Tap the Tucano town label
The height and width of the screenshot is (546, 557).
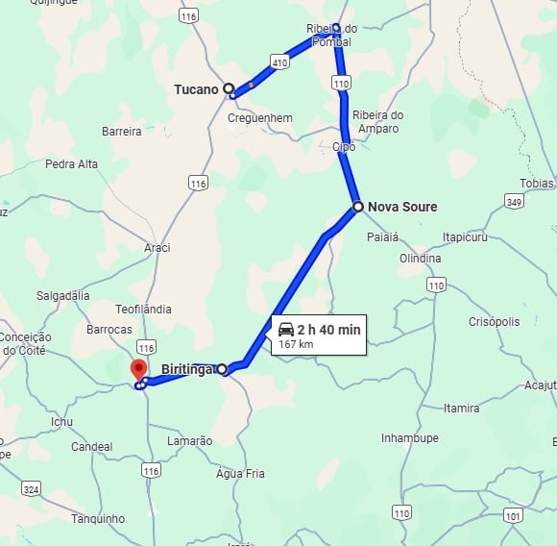click(196, 89)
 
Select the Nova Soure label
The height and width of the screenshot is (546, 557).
click(401, 207)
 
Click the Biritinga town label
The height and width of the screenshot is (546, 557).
click(185, 369)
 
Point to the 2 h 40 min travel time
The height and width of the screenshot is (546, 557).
click(328, 330)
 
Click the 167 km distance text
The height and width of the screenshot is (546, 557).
click(297, 344)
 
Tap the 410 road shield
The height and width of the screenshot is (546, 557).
click(279, 62)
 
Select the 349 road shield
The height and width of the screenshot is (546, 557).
click(515, 201)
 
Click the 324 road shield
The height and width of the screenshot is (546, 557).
click(31, 489)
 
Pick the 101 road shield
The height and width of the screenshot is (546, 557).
click(514, 516)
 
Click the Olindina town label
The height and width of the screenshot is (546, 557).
click(421, 259)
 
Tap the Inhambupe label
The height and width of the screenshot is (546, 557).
click(409, 438)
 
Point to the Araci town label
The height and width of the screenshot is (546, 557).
click(157, 248)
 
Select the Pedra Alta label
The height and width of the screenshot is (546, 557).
click(71, 164)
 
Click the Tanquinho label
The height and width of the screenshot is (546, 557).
click(98, 519)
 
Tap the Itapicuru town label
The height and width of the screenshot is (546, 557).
click(468, 236)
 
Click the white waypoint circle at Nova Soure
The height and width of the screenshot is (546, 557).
click(357, 207)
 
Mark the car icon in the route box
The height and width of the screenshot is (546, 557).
click(286, 330)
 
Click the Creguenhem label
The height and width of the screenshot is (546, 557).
click(260, 117)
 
